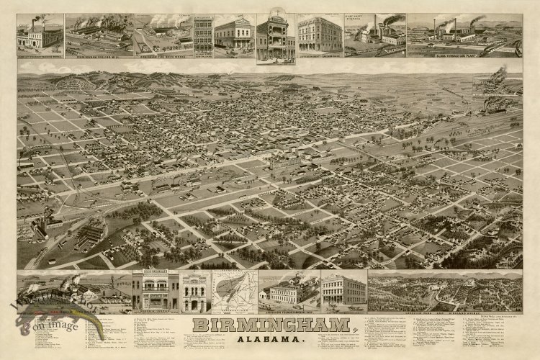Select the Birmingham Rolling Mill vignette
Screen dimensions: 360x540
click(99, 33)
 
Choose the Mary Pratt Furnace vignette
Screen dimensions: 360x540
click(374, 35)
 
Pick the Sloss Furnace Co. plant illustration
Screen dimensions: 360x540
click(464, 35)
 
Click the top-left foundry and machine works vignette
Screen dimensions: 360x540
click(40, 33)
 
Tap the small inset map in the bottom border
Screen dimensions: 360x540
click(235, 291)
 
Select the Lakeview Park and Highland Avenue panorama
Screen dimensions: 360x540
click(445, 291)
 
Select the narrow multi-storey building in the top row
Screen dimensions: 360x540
click(203, 33)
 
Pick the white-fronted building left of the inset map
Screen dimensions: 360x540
click(197, 292)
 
